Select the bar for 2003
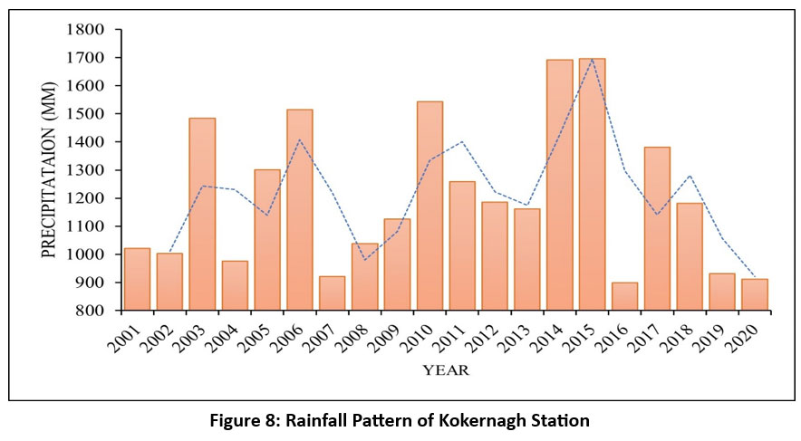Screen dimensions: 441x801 (202, 215)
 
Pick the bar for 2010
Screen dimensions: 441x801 (429, 206)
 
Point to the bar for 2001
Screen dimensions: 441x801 (137, 279)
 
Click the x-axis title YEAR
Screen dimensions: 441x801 (445, 370)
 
